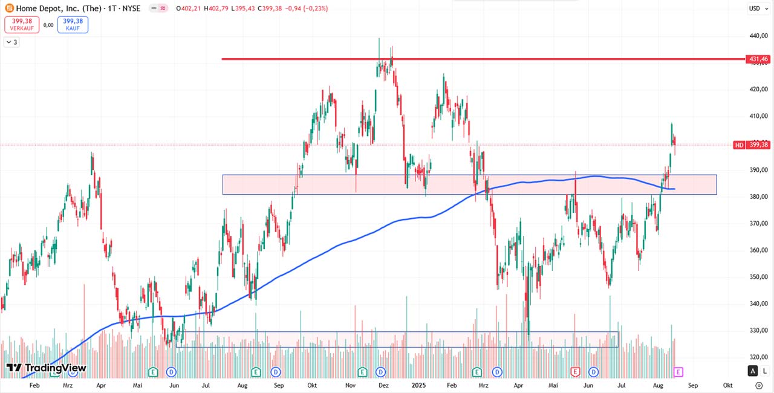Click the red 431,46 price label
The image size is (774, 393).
click(x=758, y=59)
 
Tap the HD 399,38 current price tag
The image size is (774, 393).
click(x=752, y=145)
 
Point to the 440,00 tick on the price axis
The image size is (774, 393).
click(x=758, y=36)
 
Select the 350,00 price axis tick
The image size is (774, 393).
click(x=758, y=277)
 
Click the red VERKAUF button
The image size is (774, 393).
click(x=22, y=25)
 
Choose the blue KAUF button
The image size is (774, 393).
click(x=73, y=25)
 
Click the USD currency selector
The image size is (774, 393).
click(x=755, y=8)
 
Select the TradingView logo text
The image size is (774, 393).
click(x=46, y=368)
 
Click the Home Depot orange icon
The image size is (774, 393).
click(x=10, y=8)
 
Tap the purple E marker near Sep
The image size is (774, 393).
click(x=678, y=371)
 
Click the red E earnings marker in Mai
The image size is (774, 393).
click(x=575, y=371)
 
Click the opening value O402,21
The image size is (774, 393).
click(x=191, y=8)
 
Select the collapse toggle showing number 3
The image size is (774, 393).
click(x=11, y=42)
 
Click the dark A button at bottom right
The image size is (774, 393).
click(x=753, y=371)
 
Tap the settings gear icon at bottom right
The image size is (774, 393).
click(x=759, y=385)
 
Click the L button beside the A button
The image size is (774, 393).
click(x=764, y=371)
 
